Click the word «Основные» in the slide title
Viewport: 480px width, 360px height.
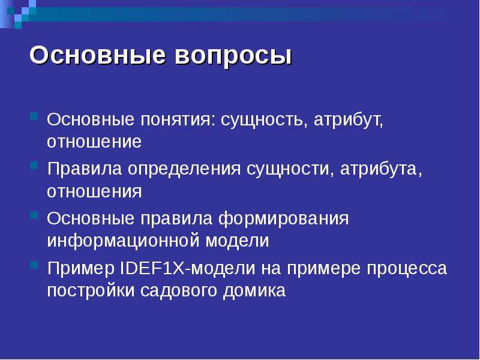click(98, 55)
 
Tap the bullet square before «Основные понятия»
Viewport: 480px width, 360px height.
click(34, 116)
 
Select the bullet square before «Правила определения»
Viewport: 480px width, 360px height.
click(34, 166)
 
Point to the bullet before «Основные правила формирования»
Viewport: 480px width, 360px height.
click(34, 215)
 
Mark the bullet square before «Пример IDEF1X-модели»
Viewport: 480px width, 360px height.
click(34, 265)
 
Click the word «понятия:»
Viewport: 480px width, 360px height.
click(178, 120)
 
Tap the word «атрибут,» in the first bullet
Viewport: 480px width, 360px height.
click(349, 120)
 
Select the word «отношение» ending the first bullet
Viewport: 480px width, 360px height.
click(94, 142)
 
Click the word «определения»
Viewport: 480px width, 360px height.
click(184, 169)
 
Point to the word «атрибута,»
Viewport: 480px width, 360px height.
click(381, 169)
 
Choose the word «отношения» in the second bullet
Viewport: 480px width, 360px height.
click(94, 191)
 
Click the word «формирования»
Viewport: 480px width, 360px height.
click(283, 218)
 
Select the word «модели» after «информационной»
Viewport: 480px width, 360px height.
click(237, 241)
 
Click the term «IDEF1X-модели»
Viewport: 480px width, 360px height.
click(187, 268)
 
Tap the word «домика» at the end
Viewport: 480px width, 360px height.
click(254, 291)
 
